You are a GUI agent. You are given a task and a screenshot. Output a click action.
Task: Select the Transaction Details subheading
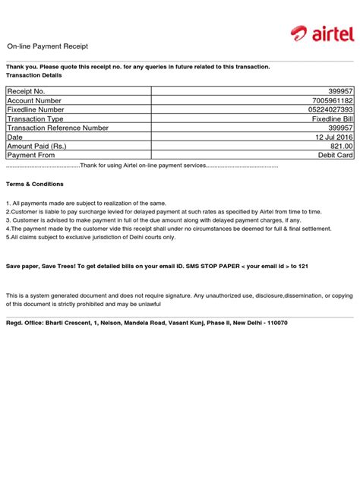[34, 76]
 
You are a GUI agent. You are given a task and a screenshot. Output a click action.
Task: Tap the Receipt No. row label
[27, 91]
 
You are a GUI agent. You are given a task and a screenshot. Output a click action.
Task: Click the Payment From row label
[32, 155]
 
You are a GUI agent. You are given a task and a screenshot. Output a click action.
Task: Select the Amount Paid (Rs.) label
[37, 146]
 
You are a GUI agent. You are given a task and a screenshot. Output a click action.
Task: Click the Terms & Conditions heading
[35, 185]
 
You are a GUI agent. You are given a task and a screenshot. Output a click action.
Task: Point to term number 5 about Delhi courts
[91, 237]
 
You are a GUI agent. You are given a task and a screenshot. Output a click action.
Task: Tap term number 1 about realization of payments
[86, 204]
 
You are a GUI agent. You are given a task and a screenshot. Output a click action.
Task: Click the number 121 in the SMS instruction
[303, 267]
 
